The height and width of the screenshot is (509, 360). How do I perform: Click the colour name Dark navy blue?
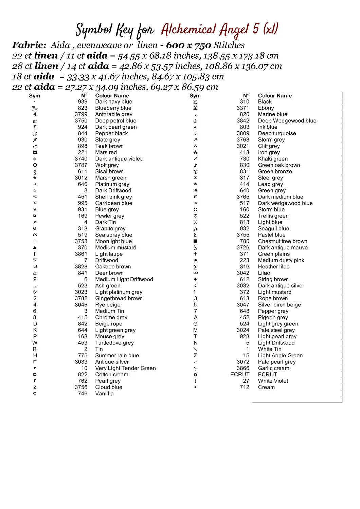(x=113, y=101)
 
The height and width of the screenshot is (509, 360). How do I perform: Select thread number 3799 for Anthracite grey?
(x=81, y=114)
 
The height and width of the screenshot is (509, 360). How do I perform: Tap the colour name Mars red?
(x=106, y=152)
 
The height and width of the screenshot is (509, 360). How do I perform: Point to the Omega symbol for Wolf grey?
(x=35, y=165)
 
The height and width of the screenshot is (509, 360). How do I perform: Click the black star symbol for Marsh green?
(x=35, y=178)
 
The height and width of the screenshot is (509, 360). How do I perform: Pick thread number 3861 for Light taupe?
(x=81, y=254)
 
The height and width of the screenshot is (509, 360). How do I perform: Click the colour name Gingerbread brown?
(x=119, y=298)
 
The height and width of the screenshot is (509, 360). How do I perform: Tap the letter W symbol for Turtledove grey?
(x=35, y=343)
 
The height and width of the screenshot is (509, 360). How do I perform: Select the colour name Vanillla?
(x=104, y=394)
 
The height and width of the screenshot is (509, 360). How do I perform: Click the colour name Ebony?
(x=266, y=108)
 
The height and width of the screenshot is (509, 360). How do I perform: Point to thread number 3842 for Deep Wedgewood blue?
(x=243, y=121)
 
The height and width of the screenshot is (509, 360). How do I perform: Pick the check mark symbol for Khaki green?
(x=195, y=159)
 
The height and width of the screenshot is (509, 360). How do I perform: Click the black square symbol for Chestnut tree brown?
(x=195, y=241)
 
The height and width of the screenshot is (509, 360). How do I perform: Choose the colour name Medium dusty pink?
(x=281, y=260)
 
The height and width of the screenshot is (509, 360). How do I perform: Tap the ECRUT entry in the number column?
(x=240, y=374)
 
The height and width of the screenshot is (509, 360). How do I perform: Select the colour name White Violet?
(x=273, y=381)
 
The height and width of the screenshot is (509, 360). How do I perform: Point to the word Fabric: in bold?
(x=29, y=45)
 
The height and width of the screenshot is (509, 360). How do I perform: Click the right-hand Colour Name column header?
(x=275, y=96)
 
